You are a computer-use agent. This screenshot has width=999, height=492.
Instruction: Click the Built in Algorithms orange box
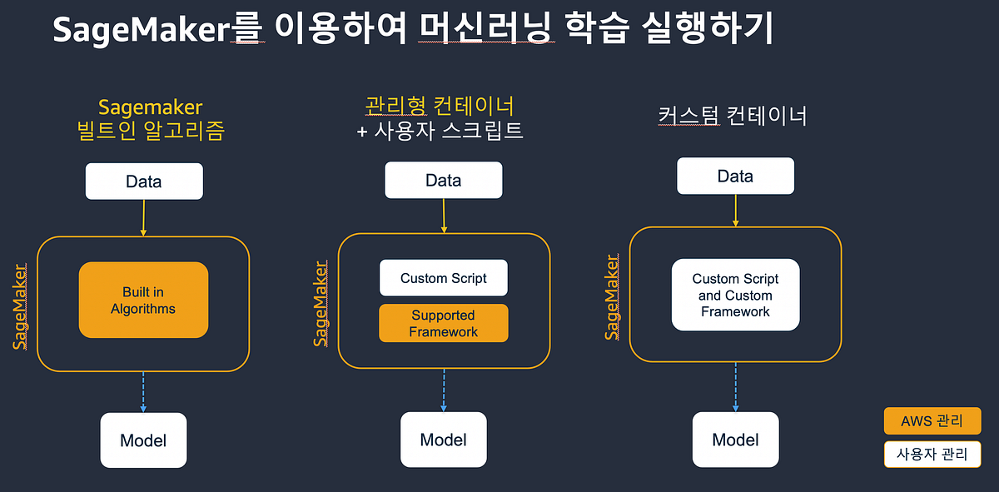[143, 300]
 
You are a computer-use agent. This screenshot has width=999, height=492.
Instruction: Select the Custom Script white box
[443, 278]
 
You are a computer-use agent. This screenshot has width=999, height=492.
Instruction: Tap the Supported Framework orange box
[443, 323]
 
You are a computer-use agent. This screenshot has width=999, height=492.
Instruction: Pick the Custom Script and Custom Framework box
[735, 295]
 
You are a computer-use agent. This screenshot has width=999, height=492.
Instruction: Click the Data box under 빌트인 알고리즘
[144, 181]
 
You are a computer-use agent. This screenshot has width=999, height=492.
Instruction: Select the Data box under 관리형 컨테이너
[443, 180]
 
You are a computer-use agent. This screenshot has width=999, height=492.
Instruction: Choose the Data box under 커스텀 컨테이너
[735, 176]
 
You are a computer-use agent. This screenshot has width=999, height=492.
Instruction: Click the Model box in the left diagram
[143, 440]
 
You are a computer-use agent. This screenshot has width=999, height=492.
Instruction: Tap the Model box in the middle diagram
[443, 440]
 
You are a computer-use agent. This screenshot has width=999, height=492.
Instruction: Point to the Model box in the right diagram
[735, 440]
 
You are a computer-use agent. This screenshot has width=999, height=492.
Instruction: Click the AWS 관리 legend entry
[932, 421]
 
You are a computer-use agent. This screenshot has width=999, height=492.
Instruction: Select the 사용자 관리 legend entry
[932, 455]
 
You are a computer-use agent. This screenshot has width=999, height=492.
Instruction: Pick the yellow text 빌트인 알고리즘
[150, 132]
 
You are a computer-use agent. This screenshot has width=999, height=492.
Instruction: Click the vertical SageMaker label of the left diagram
[20, 306]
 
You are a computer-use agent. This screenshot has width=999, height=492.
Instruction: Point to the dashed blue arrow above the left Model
[144, 391]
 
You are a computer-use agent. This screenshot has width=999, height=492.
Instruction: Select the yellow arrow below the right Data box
[735, 211]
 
